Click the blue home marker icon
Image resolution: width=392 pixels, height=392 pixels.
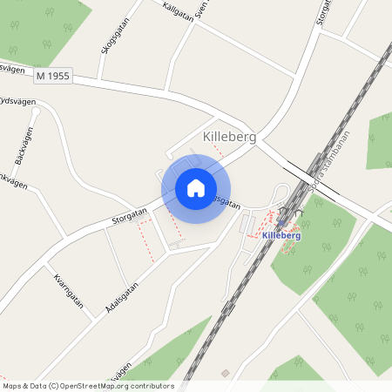tap(196, 187)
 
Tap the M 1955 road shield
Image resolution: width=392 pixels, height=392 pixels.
tap(54, 78)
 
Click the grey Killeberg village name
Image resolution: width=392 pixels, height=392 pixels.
tap(228, 137)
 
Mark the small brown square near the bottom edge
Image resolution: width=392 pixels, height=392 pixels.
tap(226, 374)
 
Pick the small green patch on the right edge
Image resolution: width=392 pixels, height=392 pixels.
tap(381, 139)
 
